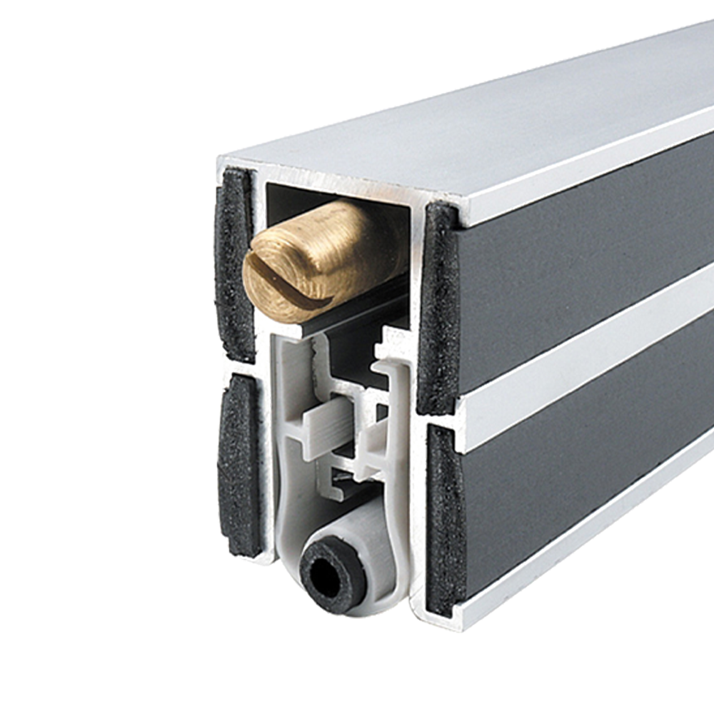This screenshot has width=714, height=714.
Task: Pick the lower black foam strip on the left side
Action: (239, 464)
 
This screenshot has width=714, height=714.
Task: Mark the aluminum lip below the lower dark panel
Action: (585, 564)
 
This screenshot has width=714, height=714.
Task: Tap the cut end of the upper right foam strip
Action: (437, 307)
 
